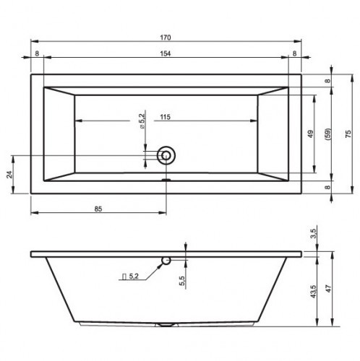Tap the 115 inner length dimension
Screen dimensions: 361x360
(166, 117)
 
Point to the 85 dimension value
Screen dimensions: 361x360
(99, 209)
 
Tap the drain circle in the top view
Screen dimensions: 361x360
(168, 155)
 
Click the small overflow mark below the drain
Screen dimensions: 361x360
(167, 181)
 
